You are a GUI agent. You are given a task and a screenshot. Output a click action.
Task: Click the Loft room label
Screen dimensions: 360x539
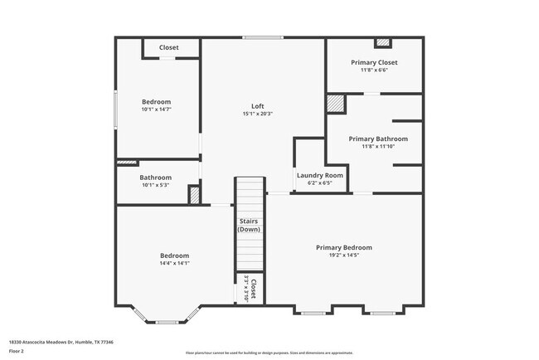click(x=258, y=106)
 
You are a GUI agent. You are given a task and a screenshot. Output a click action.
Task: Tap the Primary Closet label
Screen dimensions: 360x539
click(x=374, y=63)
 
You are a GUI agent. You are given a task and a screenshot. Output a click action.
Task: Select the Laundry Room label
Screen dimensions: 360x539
click(x=320, y=176)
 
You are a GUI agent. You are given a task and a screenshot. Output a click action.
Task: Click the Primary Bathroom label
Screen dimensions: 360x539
click(x=378, y=139)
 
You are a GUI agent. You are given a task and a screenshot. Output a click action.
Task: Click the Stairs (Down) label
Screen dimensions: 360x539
click(x=250, y=226)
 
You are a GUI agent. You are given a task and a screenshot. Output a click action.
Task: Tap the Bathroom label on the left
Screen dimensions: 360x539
click(x=155, y=178)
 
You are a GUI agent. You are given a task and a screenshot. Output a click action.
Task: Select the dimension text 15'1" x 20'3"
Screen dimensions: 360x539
click(x=258, y=114)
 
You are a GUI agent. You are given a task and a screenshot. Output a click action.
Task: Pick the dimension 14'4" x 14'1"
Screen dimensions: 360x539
click(x=174, y=263)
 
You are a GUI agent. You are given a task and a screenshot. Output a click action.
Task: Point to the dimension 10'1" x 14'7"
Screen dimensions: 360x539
click(x=156, y=109)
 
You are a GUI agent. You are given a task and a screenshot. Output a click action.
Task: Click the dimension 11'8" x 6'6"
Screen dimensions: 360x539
click(x=374, y=71)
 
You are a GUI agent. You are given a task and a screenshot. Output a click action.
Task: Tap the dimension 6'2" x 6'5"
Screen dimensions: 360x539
click(x=320, y=183)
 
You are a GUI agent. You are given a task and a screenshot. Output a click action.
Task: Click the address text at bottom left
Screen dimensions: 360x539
click(x=61, y=341)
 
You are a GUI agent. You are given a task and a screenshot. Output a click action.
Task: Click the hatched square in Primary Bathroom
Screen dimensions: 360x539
click(x=334, y=104)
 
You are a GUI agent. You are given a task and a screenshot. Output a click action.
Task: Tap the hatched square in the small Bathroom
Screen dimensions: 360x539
click(x=195, y=195)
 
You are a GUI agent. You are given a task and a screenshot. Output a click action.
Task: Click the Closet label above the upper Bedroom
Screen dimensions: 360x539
click(x=169, y=47)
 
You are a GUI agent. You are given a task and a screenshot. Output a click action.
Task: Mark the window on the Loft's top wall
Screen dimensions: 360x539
click(x=263, y=37)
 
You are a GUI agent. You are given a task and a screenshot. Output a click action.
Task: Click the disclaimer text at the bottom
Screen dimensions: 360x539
click(x=269, y=353)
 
